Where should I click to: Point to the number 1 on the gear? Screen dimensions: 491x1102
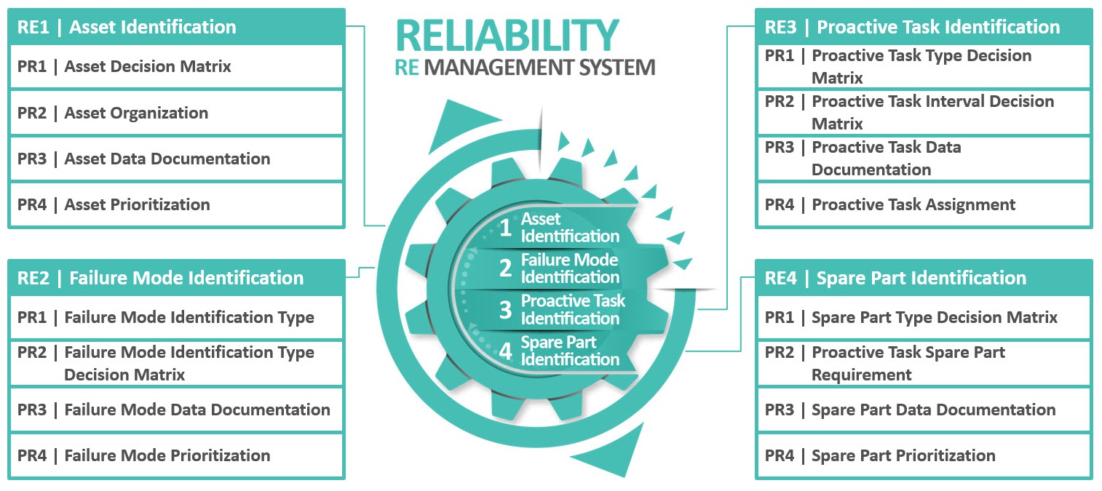click(505, 228)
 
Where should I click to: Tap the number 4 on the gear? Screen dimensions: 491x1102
click(506, 352)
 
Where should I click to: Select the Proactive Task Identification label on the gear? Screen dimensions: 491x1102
click(572, 309)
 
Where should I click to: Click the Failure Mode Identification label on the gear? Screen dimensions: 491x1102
click(569, 268)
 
